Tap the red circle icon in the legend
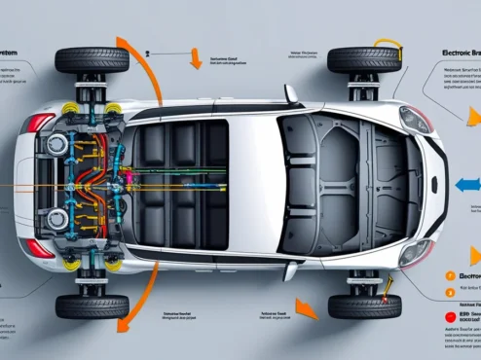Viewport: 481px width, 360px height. coord(449,317)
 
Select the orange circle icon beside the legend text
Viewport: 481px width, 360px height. coord(449,277)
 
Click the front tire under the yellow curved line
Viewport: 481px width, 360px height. coord(363,59)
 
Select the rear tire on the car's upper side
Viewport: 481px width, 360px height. coord(92,60)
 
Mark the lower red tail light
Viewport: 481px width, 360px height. coord(40,247)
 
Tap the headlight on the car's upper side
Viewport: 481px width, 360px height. coord(415,119)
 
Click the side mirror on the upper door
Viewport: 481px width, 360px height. coord(290,94)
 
